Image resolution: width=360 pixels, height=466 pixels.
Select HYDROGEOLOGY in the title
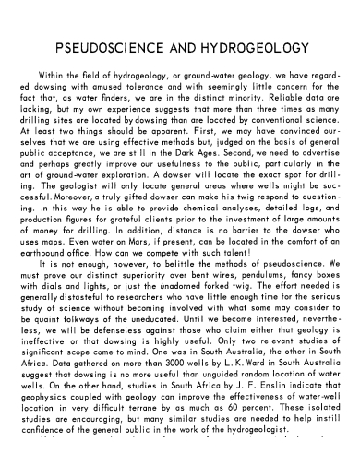[253, 47]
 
